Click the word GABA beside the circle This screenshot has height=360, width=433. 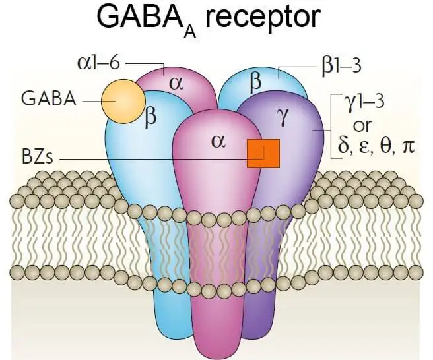49,100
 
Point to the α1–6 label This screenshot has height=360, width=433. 99,63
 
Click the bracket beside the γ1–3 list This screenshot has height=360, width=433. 331,125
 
